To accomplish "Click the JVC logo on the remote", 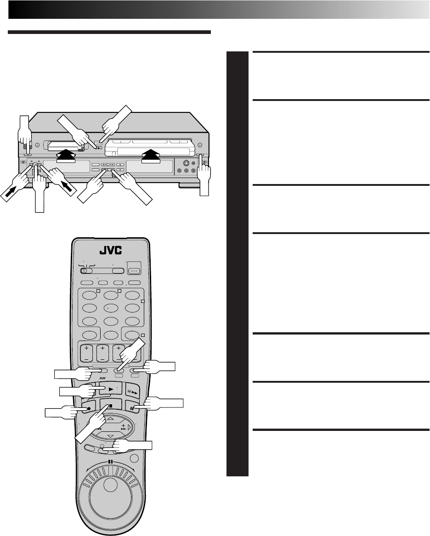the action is pos(111,252).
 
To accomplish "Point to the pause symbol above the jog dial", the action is pos(110,462).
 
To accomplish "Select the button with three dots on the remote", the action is pos(134,271).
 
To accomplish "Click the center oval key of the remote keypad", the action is pos(111,308).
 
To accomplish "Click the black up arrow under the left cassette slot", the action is pos(65,157).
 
